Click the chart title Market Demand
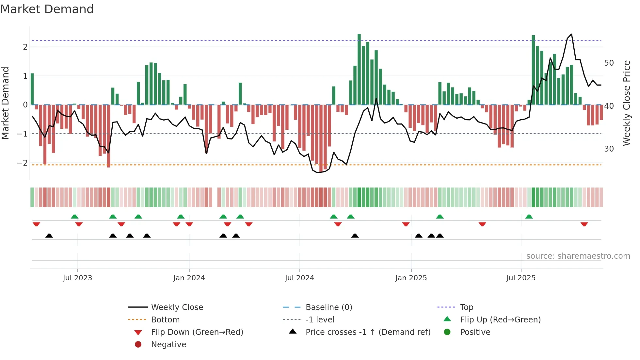pos(47,9)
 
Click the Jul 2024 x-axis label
pos(299,278)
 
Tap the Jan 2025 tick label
pos(411,278)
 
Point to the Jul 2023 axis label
pos(77,278)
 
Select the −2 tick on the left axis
pos(23,163)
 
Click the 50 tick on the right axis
pos(609,63)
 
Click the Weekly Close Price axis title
pos(626,103)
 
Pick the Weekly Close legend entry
pos(177,307)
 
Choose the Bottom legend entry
pos(165,320)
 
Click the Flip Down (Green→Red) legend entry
pos(197,332)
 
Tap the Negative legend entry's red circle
pos(138,345)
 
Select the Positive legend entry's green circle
pos(447,332)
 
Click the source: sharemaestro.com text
pos(578,256)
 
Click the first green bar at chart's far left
pos(32,89)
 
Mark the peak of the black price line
pos(571,34)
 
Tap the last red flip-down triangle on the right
pos(584,224)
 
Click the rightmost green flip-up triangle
pos(529,217)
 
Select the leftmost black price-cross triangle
pos(49,236)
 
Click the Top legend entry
pos(466,307)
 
